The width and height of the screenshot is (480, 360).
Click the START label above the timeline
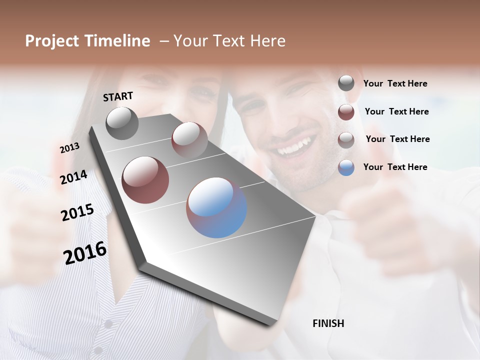(118, 96)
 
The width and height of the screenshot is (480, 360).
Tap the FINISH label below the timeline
(328, 323)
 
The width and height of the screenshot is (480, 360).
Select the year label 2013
(69, 148)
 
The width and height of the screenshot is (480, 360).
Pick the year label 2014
(73, 177)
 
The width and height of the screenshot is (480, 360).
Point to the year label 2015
(77, 212)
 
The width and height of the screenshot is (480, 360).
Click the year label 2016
(85, 253)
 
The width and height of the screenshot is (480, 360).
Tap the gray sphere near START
(122, 123)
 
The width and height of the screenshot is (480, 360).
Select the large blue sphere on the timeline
(216, 207)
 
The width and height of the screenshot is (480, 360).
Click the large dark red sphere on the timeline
(145, 179)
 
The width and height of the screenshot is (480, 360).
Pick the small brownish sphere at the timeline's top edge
(189, 139)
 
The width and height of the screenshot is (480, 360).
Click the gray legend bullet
(346, 83)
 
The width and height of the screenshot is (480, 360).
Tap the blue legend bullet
(346, 167)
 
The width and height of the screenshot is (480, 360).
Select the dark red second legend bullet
(346, 111)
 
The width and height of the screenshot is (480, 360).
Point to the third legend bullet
(346, 139)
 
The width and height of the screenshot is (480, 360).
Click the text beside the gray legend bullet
(395, 84)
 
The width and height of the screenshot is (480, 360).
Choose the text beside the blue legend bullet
(395, 167)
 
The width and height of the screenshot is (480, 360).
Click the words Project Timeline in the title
(87, 41)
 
